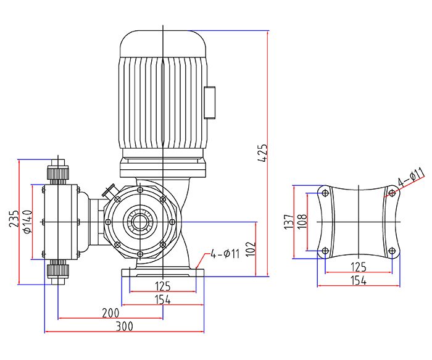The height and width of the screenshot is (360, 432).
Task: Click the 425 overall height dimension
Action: pos(263,153)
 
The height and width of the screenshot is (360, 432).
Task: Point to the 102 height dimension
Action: pos(249,248)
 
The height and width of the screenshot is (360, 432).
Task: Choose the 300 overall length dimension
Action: pos(125,325)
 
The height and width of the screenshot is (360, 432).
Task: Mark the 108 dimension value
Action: pos(302,222)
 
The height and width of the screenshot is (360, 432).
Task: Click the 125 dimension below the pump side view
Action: pos(162,287)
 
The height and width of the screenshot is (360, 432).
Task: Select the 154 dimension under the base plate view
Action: pos(358,280)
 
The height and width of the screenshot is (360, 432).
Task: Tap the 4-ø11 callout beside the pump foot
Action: pos(224,253)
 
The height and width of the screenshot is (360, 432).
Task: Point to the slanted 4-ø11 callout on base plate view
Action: pos(410,177)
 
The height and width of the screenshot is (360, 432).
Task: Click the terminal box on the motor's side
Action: pos(211,102)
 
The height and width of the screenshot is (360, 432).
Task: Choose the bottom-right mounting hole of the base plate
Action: pos(391,251)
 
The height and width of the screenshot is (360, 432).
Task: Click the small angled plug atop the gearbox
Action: pos(111,191)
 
